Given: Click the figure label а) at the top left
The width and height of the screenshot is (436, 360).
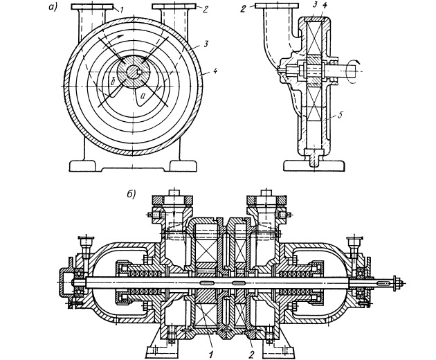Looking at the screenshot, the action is point(53,7).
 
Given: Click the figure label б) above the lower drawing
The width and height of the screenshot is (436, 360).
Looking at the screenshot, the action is point(131,194).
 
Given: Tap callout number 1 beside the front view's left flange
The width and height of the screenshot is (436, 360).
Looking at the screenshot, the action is point(121,10).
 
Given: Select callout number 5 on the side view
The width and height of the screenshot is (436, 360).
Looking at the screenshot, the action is point(341,115).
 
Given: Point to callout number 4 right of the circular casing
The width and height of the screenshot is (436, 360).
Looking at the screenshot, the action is point(215,71).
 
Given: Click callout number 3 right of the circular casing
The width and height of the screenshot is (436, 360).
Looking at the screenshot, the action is point(206,44).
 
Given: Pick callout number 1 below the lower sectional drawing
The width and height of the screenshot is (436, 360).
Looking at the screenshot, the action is point(211,354).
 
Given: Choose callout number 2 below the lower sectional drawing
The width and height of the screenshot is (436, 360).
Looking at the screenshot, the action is point(252,354).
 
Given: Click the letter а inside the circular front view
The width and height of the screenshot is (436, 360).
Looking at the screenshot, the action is point(143,96).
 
